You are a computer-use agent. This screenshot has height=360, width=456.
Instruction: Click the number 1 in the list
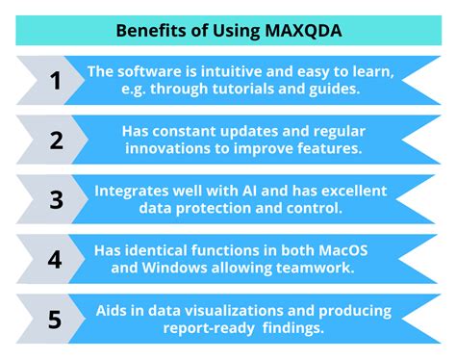[56, 81]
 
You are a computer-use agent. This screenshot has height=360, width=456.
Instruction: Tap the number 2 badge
[56, 141]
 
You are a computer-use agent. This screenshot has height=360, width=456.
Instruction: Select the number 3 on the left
[56, 200]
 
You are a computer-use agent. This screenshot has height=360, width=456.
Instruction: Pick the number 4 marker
[56, 260]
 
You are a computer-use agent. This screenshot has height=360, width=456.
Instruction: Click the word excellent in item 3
[354, 191]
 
